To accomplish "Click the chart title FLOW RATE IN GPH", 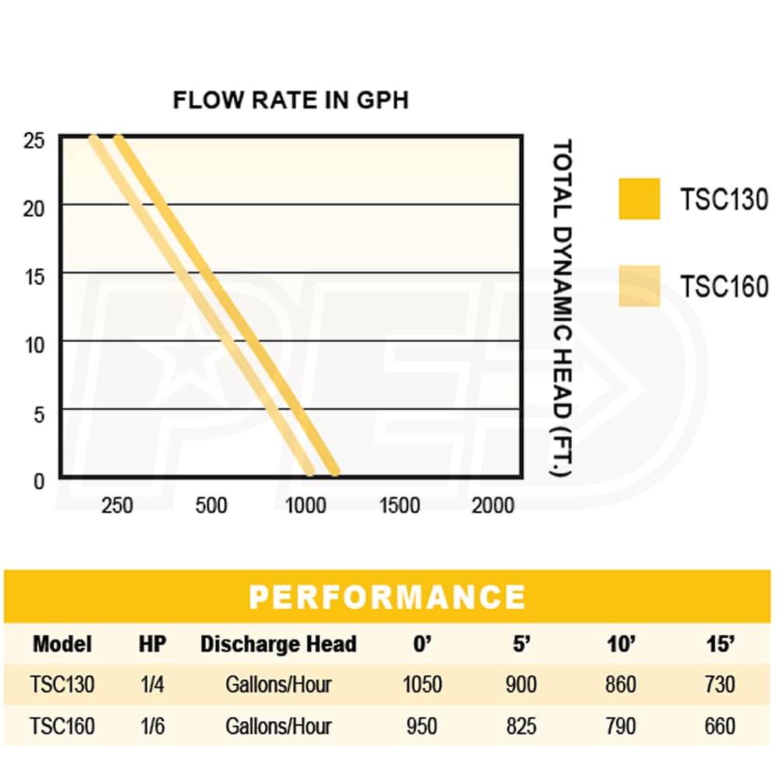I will point(290,101).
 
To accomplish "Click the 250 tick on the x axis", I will point(117,506).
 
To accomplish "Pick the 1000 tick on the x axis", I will point(305,506).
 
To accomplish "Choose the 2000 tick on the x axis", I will point(493,506).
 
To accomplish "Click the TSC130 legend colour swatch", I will point(639,199).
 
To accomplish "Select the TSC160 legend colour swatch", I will point(639,286).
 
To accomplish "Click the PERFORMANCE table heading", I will point(387,597).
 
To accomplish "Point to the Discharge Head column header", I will point(278,644).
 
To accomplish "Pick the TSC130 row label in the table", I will point(62,685).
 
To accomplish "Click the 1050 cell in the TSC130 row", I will point(422,685).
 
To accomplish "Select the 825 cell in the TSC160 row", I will point(520,726).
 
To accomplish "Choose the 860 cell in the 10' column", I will point(619,685).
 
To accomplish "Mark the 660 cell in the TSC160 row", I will point(720,726).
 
